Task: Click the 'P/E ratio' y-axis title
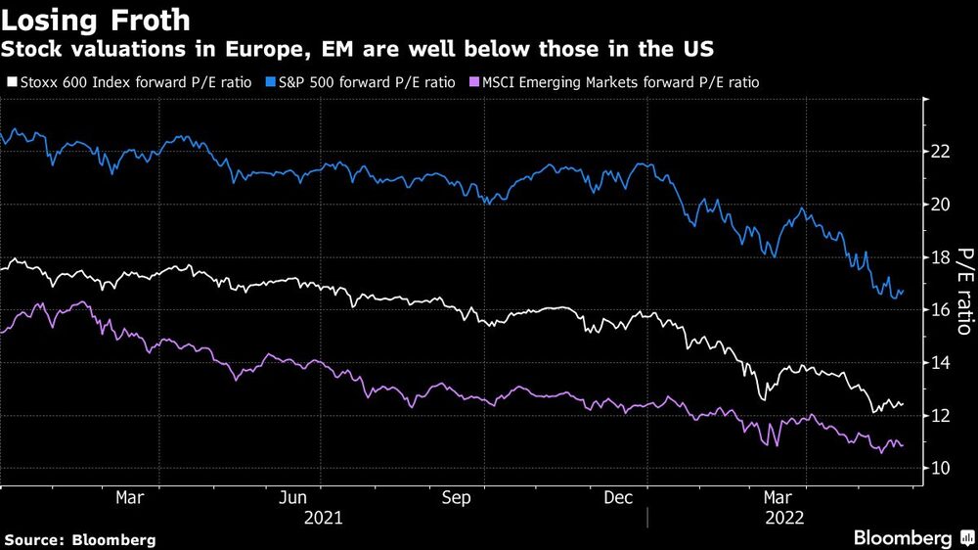964,289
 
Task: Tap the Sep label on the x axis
457,497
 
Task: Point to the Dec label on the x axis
617,497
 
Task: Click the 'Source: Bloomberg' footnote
80,539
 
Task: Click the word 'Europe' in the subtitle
247,48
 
